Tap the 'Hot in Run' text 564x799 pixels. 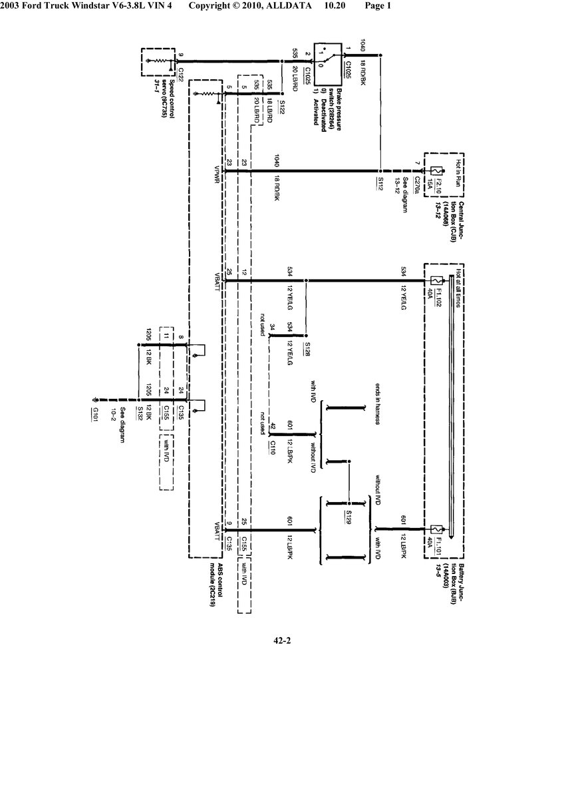tap(458, 170)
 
